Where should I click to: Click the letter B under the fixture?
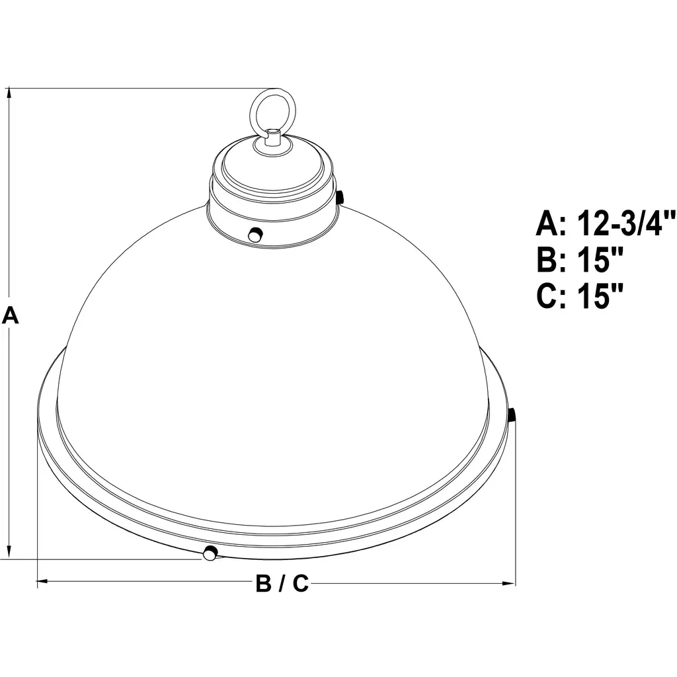pyautogui.click(x=263, y=583)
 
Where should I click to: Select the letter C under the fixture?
pyautogui.click(x=301, y=583)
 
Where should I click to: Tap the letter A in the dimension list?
pyautogui.click(x=547, y=223)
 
